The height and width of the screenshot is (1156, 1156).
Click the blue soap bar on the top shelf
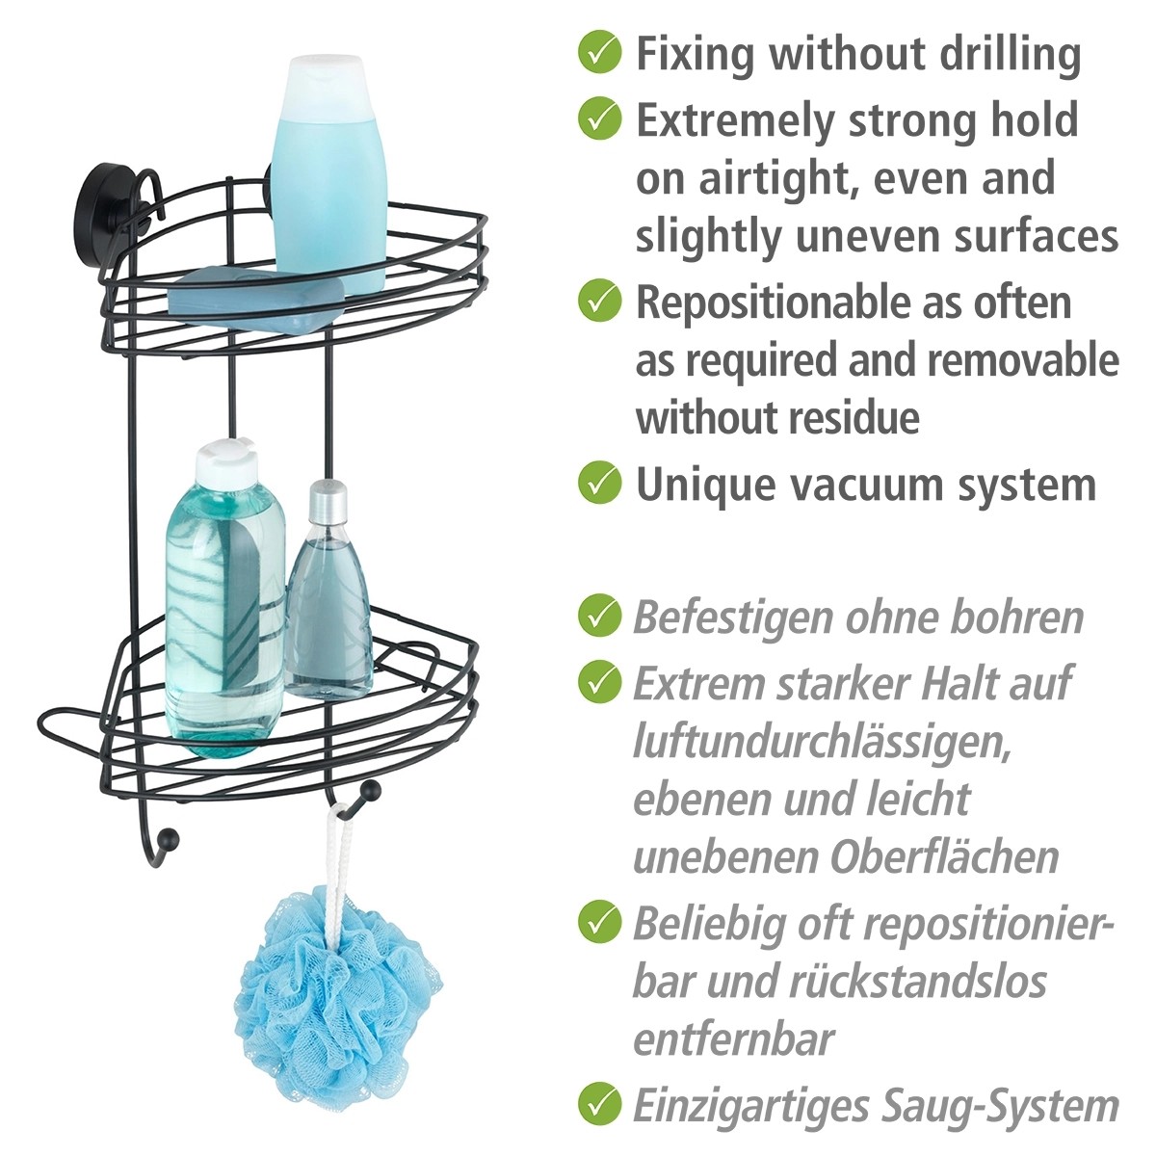255,298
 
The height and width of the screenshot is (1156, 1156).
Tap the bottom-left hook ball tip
171,836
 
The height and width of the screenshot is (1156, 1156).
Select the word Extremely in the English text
735,121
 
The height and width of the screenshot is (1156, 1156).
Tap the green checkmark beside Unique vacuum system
599,483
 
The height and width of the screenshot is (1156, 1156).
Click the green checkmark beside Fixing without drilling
599,53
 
